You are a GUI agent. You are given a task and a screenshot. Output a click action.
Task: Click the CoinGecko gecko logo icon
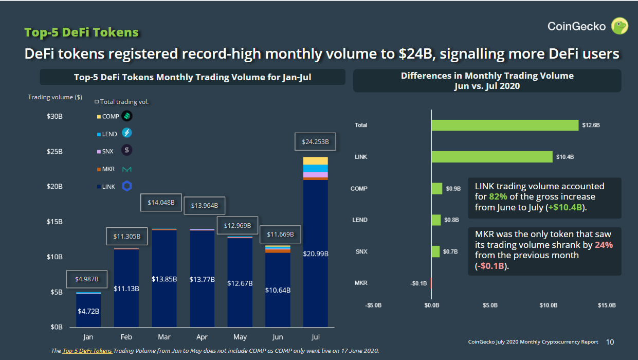tap(619, 26)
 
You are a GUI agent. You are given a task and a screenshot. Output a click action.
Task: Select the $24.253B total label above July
tap(315, 141)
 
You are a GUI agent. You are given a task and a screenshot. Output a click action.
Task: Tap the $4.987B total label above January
tap(87, 279)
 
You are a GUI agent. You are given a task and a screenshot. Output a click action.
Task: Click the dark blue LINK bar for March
tap(164, 278)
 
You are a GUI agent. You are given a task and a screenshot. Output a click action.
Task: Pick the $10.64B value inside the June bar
tap(278, 290)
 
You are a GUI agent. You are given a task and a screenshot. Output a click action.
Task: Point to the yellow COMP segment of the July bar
tap(315, 161)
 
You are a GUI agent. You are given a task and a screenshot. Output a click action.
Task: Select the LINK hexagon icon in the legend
tap(127, 186)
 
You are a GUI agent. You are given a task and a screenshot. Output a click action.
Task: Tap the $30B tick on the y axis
tap(54, 117)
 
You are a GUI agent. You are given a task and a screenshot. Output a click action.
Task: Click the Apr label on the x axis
tap(202, 337)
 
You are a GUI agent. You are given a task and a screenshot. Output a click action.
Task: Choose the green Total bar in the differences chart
tap(505, 125)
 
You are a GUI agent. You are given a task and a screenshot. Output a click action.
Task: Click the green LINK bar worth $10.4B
tap(492, 157)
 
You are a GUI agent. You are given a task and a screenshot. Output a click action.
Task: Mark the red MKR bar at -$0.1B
tap(431, 283)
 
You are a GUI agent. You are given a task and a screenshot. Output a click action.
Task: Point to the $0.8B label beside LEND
tap(452, 220)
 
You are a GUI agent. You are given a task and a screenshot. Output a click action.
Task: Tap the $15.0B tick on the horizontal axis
tap(607, 305)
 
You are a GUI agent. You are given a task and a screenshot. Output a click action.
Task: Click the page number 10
tap(610, 341)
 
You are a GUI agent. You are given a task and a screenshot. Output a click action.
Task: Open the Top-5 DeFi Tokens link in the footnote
tap(87, 351)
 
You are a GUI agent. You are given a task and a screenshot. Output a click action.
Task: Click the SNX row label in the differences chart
tap(361, 251)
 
